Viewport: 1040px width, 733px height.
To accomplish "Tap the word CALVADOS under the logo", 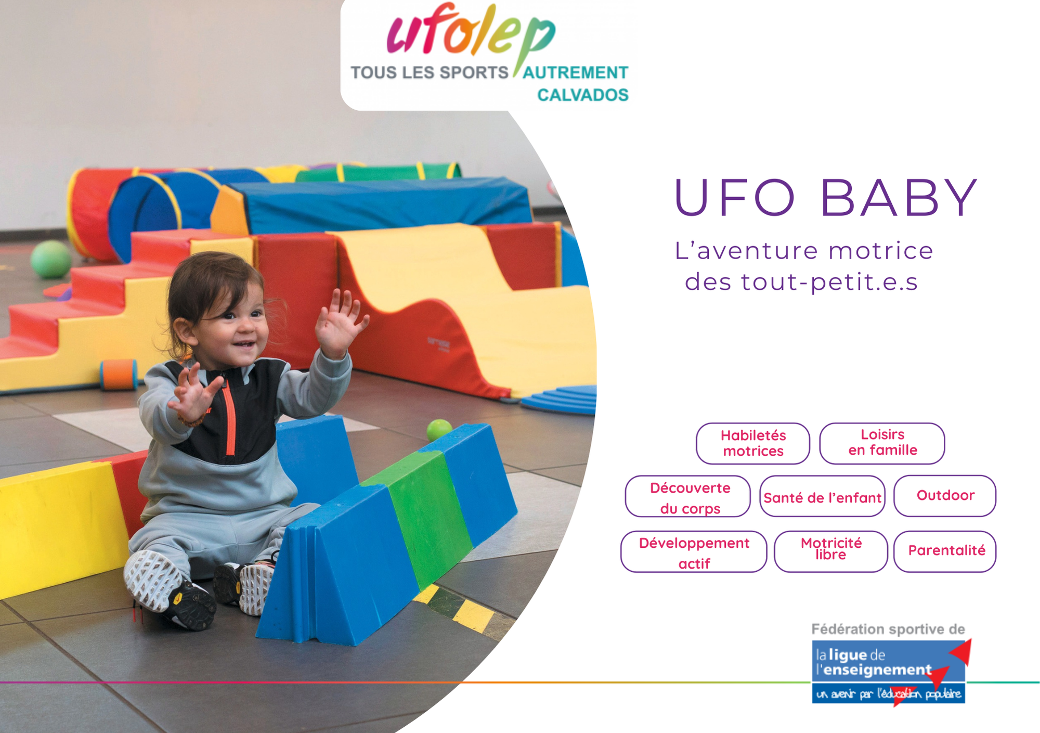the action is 582,95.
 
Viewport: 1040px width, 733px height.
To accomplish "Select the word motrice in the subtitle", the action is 880,251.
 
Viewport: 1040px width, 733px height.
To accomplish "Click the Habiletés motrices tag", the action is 753,443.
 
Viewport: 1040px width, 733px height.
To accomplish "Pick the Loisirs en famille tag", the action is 882,443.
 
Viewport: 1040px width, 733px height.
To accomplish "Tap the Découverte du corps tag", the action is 687,496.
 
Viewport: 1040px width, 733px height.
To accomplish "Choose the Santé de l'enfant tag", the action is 822,496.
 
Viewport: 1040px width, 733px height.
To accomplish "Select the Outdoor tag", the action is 945,496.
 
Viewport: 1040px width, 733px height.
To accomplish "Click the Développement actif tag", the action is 694,551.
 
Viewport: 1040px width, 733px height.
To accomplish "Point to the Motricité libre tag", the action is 830,551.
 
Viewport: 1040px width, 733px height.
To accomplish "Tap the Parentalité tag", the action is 945,551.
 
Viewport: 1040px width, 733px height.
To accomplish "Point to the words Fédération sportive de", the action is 888,629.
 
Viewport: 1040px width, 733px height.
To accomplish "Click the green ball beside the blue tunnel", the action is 50,259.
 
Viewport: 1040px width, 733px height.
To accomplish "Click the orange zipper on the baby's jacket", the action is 229,416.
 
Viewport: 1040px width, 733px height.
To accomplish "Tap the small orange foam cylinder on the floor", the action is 119,375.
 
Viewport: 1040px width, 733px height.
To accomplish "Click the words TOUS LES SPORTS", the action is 430,73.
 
